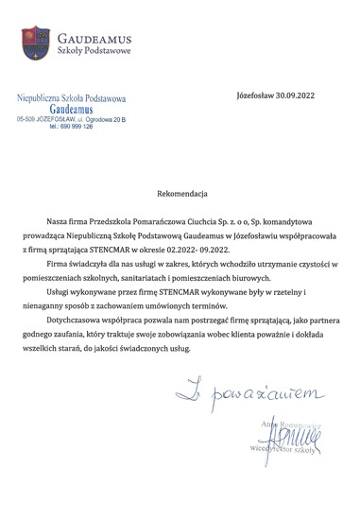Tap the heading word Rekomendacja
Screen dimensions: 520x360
180,191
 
